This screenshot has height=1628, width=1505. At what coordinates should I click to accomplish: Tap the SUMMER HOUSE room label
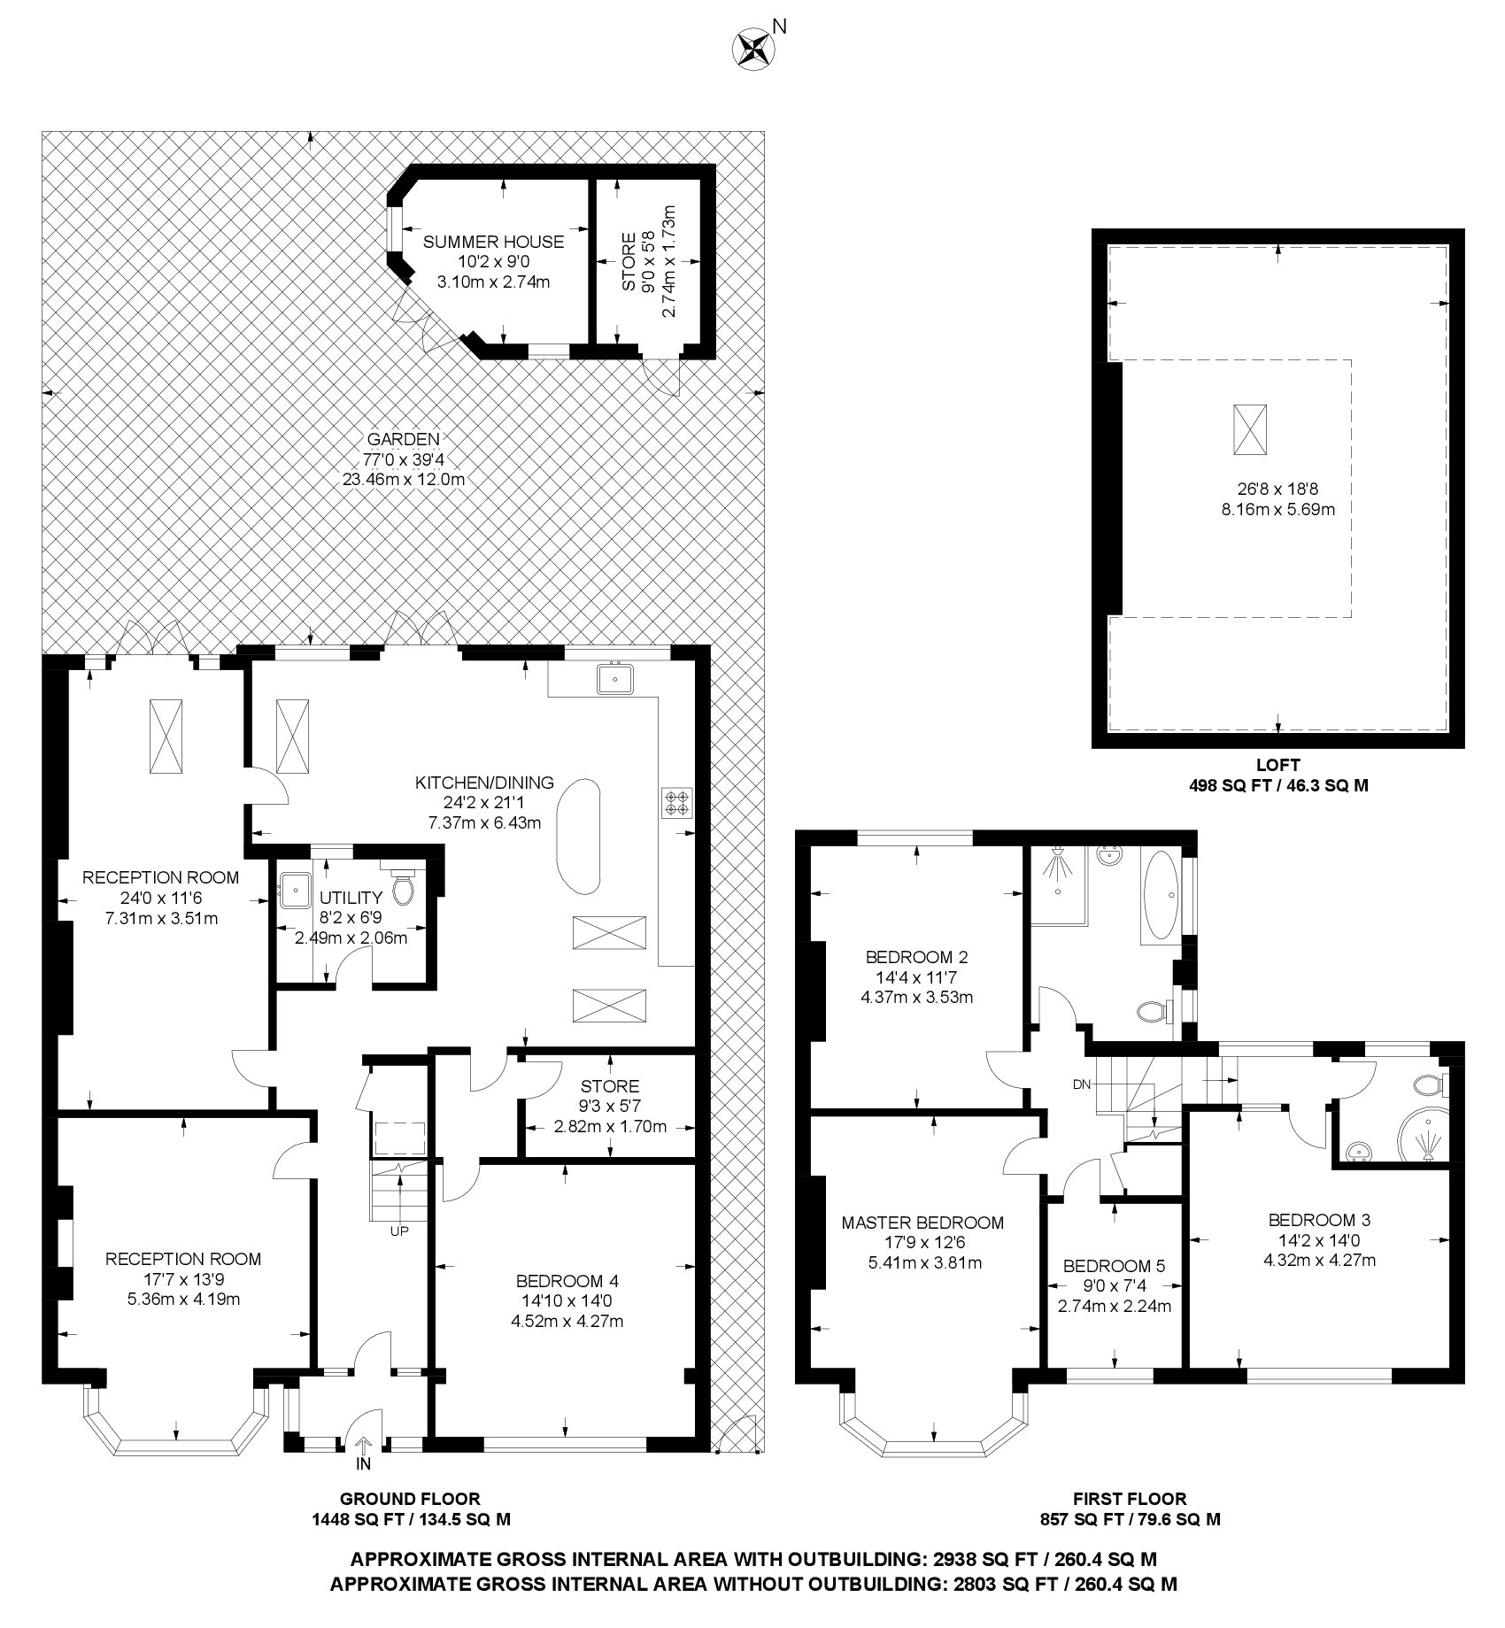(x=492, y=242)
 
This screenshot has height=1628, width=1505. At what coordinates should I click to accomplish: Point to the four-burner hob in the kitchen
(x=677, y=801)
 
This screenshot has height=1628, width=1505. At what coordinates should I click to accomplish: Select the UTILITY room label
(x=351, y=897)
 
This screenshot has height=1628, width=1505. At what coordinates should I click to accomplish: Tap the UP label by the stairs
(x=398, y=1230)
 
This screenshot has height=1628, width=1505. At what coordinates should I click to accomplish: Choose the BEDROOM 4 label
(x=567, y=1281)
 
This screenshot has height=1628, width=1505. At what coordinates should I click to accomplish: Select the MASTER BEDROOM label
(x=922, y=1223)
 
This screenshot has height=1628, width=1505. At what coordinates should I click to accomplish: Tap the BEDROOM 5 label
(x=1115, y=1265)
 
